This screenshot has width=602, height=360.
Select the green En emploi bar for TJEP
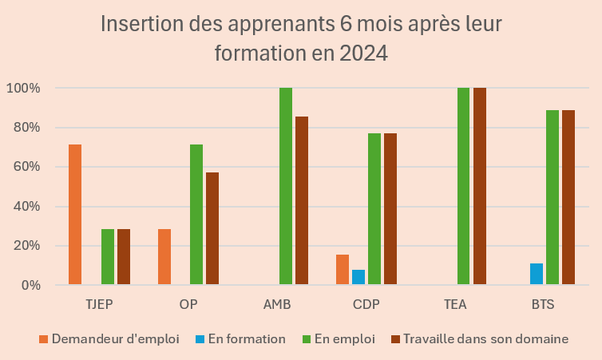point(108,256)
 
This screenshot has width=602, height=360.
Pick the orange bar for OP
point(164,256)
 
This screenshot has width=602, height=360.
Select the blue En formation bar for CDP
point(358,277)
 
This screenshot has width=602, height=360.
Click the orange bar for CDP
point(343,270)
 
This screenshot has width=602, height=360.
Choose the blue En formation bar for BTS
point(537,274)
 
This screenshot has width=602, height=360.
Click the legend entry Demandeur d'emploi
point(109,338)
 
